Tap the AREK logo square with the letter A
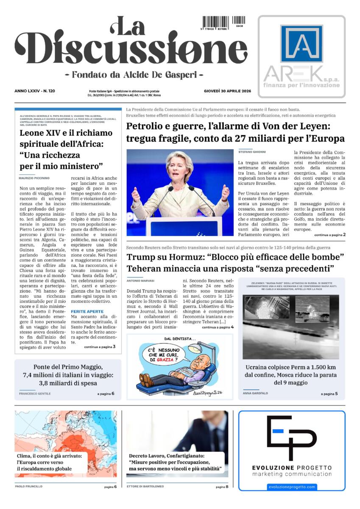point(301,44)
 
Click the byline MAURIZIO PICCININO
point(34,178)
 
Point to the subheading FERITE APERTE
point(87,311)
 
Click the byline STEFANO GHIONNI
point(252,152)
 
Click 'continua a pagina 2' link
point(330,235)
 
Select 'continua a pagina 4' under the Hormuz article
point(218,327)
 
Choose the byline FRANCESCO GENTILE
point(35,394)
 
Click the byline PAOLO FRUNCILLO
point(29,487)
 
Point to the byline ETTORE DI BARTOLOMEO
point(145,487)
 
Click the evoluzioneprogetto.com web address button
point(292,487)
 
